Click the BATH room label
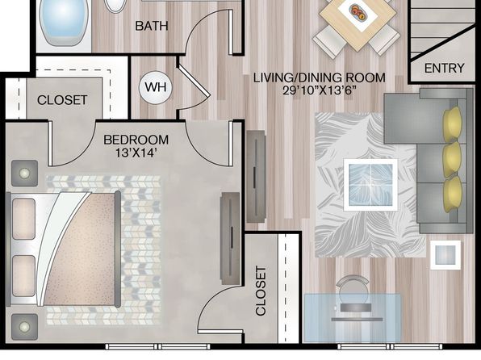(152, 26)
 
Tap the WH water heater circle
(156, 87)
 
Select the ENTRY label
(444, 68)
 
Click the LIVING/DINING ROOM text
(320, 77)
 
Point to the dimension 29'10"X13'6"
(320, 90)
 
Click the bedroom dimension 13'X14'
(136, 153)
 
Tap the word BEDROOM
(136, 140)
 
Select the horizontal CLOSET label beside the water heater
(62, 100)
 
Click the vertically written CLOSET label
(261, 291)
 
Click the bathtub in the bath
(64, 22)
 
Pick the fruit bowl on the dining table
(358, 11)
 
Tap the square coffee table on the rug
(370, 185)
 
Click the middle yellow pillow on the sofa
(453, 160)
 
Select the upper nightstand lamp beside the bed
(24, 174)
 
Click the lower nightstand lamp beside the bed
(24, 327)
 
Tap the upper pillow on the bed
(23, 219)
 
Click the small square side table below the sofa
(445, 255)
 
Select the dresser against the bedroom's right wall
(230, 238)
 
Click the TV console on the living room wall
(256, 177)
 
